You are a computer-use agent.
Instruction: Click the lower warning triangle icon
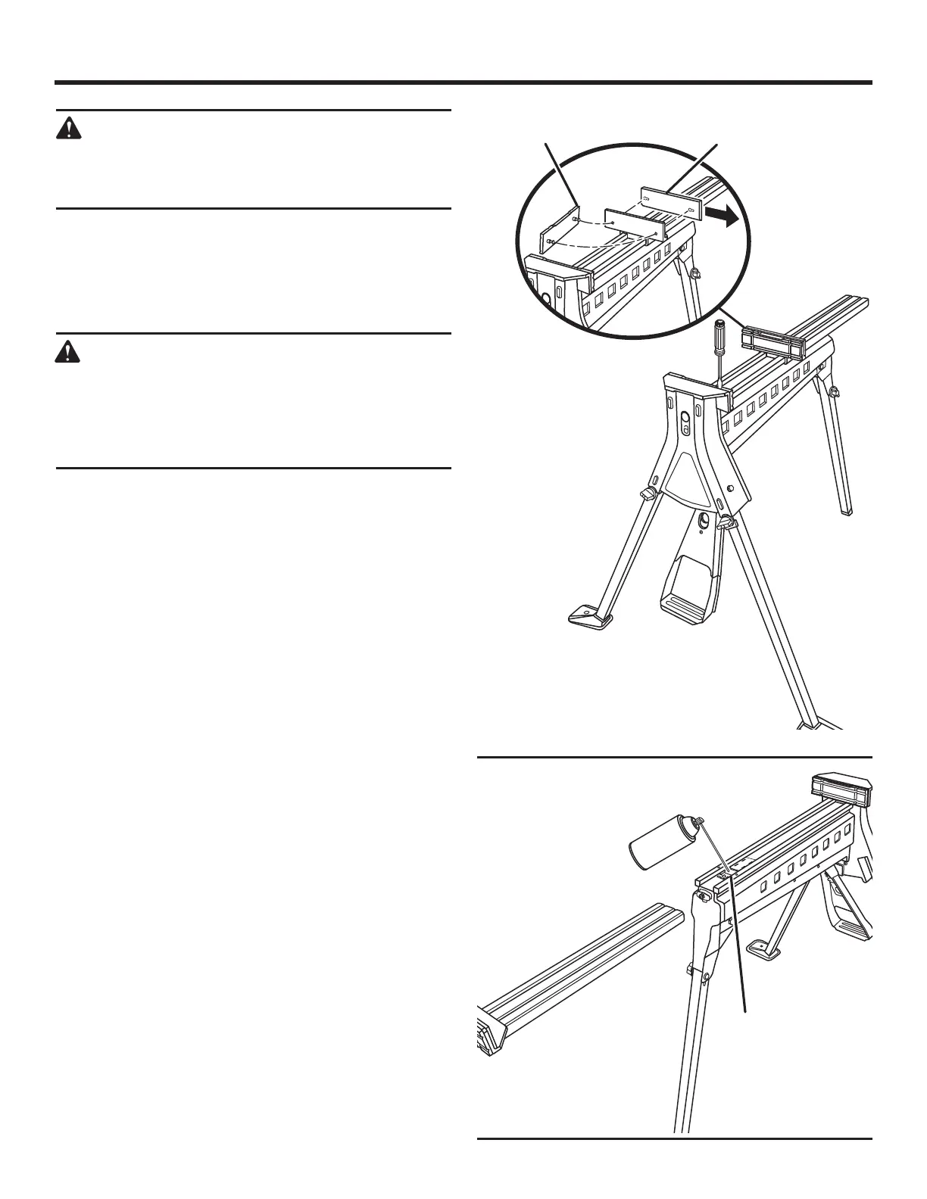coord(69,352)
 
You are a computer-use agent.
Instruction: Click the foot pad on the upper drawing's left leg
coord(591,615)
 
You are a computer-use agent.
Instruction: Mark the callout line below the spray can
coord(738,946)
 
